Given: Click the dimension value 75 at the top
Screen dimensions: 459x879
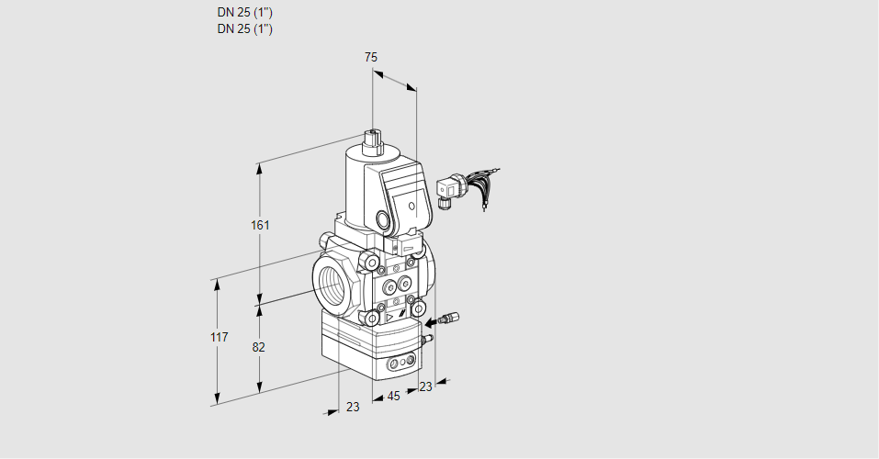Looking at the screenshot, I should point(371,58).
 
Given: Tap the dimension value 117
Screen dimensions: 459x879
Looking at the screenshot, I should point(218,338).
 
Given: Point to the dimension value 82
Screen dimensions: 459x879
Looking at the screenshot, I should point(259,347).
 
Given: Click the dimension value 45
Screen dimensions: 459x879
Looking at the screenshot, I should point(393,397).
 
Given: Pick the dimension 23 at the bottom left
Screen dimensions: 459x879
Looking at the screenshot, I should point(353,407).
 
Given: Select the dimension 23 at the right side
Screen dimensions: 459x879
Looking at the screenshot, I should point(424,386).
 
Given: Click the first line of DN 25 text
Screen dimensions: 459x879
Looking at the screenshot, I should point(244,13).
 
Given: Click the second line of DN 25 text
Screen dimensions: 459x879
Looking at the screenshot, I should point(244,28).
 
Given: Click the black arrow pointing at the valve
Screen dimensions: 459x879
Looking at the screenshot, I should point(434,322).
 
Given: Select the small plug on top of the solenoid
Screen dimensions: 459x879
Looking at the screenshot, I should point(373,140).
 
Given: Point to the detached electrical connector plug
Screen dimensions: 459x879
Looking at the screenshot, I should point(449,190).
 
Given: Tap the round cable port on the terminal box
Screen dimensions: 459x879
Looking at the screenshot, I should point(382,220).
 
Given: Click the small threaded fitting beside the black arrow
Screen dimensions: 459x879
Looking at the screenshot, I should point(449,319).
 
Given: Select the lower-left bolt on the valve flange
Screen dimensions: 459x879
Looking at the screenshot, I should point(374,319).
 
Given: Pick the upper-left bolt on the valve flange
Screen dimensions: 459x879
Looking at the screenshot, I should point(372,264).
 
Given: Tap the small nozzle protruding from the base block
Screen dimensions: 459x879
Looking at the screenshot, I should point(425,341).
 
